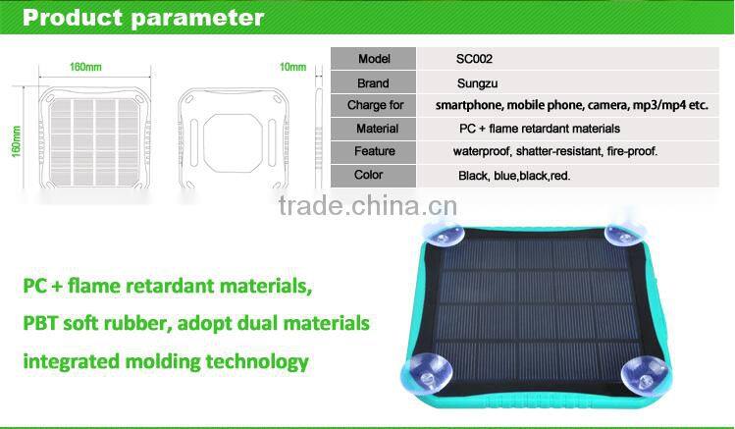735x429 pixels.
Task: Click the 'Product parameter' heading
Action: [x=143, y=18]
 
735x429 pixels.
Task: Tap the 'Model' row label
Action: [x=374, y=59]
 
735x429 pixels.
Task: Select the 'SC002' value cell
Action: [x=476, y=59]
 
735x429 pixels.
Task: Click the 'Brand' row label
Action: [x=374, y=82]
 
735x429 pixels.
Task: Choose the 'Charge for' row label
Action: [x=375, y=105]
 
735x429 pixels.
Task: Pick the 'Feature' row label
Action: [x=375, y=151]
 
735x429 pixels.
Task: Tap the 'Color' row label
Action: [x=370, y=175]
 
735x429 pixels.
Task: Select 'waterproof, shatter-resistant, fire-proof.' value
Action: [x=554, y=151]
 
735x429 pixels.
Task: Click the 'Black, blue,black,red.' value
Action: [x=514, y=176]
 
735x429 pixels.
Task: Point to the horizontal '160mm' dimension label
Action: [x=85, y=67]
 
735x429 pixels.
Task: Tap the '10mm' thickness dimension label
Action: [x=292, y=67]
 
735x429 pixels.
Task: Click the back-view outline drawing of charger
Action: [x=226, y=136]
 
